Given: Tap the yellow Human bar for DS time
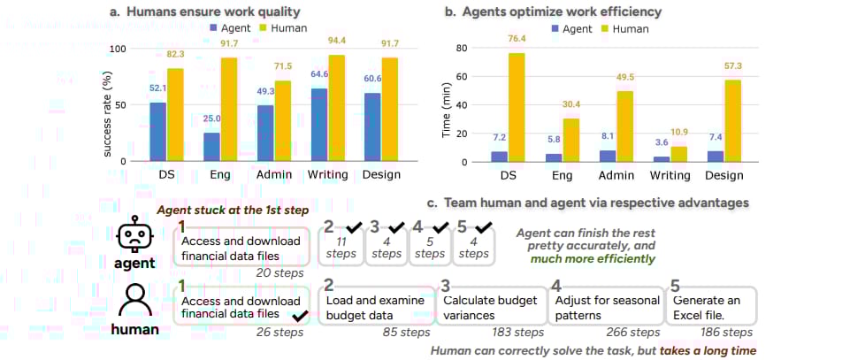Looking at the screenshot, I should coord(516,107).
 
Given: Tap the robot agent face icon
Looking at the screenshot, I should coord(134,235).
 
